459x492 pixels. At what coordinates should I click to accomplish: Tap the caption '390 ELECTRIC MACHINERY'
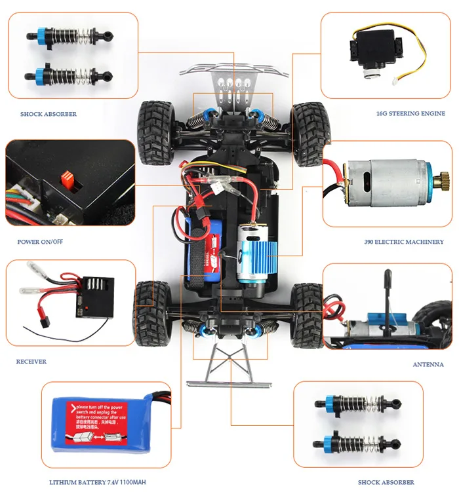(403, 242)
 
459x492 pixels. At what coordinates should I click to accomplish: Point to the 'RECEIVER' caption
(31, 361)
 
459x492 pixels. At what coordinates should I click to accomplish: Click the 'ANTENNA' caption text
(428, 364)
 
